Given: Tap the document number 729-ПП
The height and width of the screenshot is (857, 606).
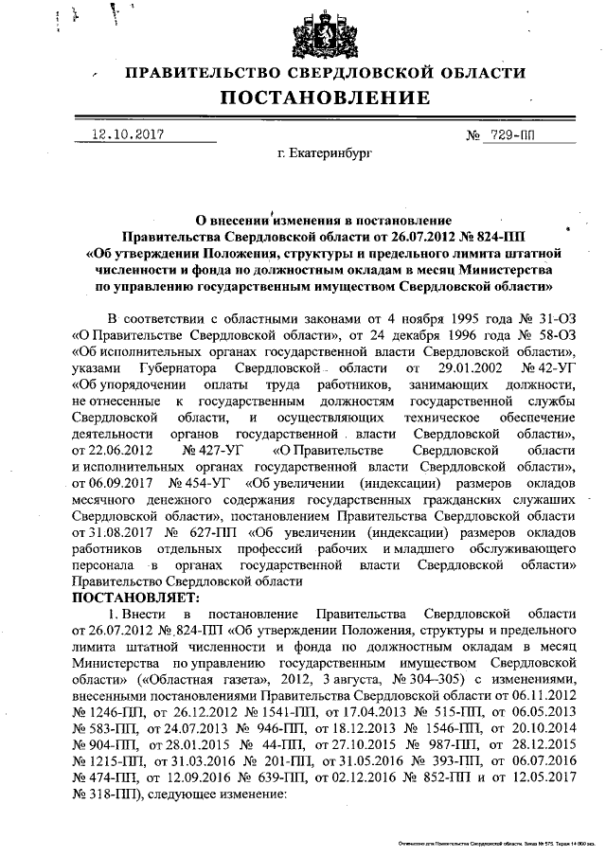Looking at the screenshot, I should tap(507, 134).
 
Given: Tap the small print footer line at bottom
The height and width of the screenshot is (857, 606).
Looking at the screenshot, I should tap(492, 841).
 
